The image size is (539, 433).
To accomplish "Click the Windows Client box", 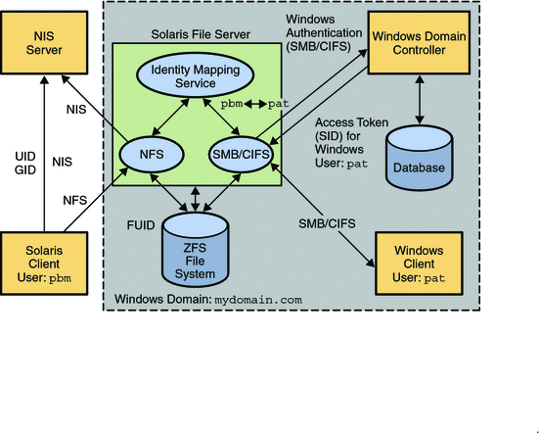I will pos(420,265).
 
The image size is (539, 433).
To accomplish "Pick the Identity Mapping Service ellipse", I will pos(192,78).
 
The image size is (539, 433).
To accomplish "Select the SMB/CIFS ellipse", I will pos(240,153).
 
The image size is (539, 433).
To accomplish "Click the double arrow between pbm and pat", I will pos(253,103).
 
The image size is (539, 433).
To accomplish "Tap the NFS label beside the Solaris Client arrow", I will pos(74,201).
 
